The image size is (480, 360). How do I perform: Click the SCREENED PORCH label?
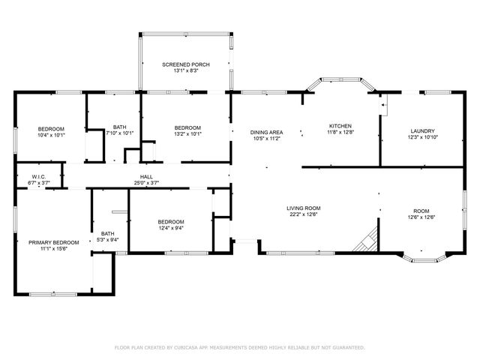point(185,64)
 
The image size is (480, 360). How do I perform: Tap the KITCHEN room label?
point(340,125)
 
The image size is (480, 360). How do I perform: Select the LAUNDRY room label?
point(422,130)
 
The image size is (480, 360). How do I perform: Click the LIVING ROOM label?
point(303,208)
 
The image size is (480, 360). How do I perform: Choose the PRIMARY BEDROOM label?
point(53,242)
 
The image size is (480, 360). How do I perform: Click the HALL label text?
point(147,176)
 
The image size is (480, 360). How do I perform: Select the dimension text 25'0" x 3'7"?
point(147,182)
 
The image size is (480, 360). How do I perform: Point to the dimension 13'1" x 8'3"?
point(185,71)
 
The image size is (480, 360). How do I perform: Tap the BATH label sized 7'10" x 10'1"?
point(119,127)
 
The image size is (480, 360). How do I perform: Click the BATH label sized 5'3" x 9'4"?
point(108,233)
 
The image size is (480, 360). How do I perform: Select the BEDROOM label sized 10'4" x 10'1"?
point(51,128)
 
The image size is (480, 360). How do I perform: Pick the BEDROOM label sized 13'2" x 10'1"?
point(187,127)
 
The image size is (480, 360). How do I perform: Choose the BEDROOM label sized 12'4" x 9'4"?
point(171,221)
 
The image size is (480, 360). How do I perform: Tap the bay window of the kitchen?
point(342,80)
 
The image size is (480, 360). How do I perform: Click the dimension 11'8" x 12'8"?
point(340,132)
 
